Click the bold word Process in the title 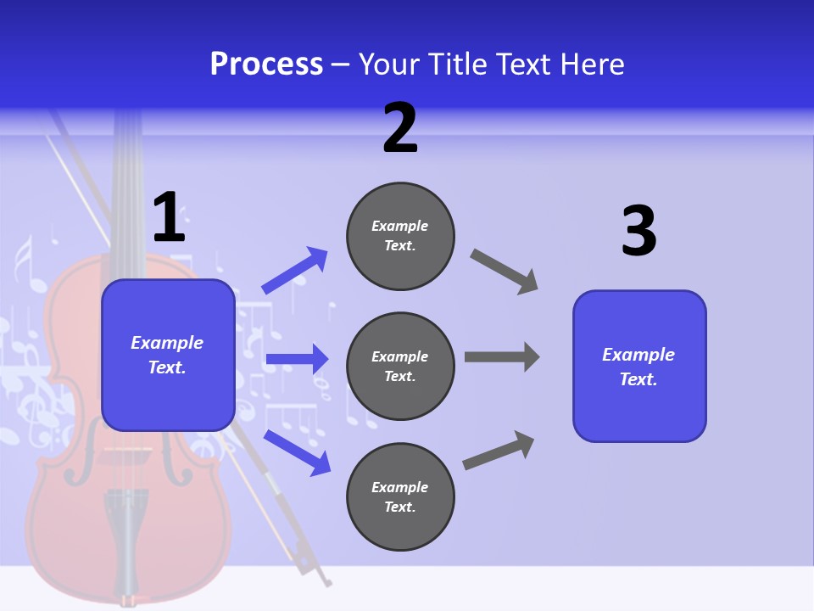click(x=266, y=64)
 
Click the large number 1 click(x=169, y=217)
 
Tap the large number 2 click(x=400, y=128)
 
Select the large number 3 click(x=638, y=232)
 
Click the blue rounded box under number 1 click(x=168, y=355)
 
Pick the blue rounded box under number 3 click(x=639, y=366)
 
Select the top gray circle click(x=400, y=236)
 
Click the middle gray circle click(x=400, y=366)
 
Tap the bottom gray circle click(x=400, y=496)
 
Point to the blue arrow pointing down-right click(x=297, y=451)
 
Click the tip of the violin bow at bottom click(x=326, y=583)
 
